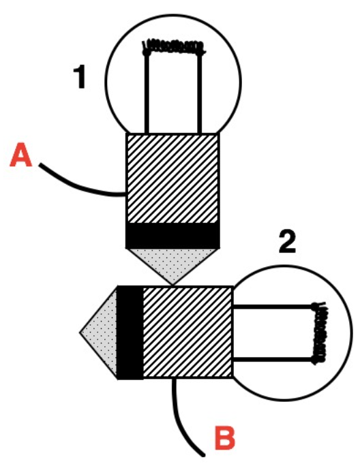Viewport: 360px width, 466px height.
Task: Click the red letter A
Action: coord(20,155)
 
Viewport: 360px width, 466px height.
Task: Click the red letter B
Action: coord(224,438)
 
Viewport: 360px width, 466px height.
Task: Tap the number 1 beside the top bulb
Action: coord(80,77)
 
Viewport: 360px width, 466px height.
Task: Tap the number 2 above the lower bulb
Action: coord(288,242)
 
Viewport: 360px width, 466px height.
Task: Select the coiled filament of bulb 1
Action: coord(174,48)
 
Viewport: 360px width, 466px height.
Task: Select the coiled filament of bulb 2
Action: coord(319,333)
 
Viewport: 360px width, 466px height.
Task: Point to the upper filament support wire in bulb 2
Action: coord(273,307)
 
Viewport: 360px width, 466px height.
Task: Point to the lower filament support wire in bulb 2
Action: coord(273,360)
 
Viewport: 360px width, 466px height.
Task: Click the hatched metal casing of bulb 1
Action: coord(172,178)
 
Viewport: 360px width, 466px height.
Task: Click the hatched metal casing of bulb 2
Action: coord(187,332)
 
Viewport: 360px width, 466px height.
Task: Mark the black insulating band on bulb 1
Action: coord(172,236)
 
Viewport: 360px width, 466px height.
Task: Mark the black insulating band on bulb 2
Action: coord(130,332)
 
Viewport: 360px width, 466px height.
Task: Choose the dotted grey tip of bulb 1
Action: coord(172,263)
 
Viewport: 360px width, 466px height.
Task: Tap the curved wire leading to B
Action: coord(182,422)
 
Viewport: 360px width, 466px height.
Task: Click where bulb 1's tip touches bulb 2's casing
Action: coord(172,285)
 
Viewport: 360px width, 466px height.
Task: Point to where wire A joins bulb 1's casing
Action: coord(126,195)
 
